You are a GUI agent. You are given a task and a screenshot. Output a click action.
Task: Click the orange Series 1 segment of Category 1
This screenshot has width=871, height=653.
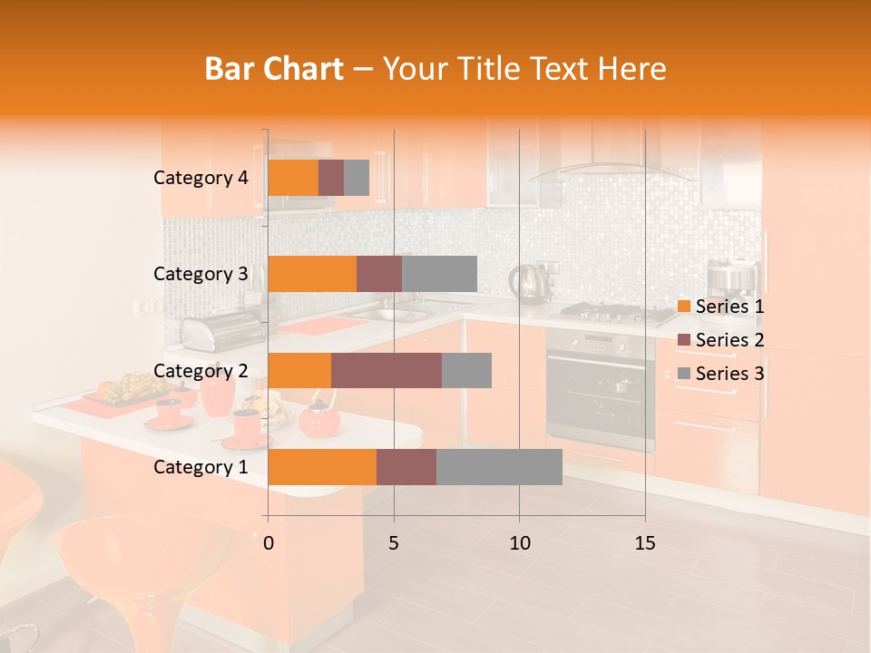(x=322, y=466)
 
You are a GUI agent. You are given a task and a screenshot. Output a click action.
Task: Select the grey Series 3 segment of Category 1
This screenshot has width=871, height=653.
(x=499, y=466)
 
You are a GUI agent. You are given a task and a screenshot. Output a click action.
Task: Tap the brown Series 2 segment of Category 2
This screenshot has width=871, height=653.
(x=387, y=370)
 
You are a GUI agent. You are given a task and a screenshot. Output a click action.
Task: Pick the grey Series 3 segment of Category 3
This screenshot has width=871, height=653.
(x=439, y=274)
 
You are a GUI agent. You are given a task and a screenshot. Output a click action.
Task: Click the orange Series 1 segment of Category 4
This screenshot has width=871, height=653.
(x=293, y=178)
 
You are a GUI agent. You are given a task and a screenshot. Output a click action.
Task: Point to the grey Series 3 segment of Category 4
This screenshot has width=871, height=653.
(x=357, y=178)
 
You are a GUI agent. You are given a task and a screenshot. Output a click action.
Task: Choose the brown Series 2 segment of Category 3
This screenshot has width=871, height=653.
(x=379, y=274)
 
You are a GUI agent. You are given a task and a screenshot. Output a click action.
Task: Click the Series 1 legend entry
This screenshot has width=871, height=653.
(x=720, y=307)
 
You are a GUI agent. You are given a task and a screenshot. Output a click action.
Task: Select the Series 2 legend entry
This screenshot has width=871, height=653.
(x=720, y=340)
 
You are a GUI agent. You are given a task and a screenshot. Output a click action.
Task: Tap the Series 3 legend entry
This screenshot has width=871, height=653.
(x=720, y=374)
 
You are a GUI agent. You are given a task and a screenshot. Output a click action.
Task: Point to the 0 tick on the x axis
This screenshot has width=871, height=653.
(x=268, y=543)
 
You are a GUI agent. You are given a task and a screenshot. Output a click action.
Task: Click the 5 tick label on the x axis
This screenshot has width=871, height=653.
(x=394, y=543)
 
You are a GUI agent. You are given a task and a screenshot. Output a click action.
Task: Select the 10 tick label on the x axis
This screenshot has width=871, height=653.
(x=519, y=543)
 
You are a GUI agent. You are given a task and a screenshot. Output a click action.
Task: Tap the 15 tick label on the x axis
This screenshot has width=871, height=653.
(x=644, y=543)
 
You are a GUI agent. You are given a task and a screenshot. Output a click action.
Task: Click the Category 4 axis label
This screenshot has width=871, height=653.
(x=201, y=178)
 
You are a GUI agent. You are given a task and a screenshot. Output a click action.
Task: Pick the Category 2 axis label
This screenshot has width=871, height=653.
(x=201, y=370)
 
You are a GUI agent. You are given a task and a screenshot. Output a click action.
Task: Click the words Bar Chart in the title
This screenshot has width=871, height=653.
(x=274, y=69)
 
